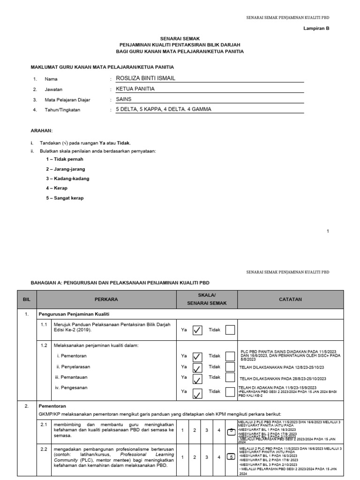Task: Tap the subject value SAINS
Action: coord(124,99)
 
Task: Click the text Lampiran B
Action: coord(317,28)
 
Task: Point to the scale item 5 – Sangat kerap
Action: coord(65,198)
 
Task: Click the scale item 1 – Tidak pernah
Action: coord(64,159)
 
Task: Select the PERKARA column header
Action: coord(106,299)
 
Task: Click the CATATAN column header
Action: coord(291,299)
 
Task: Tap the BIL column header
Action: coord(26,299)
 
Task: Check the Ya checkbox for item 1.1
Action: coord(197,330)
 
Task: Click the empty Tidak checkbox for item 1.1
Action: coord(230,330)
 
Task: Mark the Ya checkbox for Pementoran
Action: coord(197,356)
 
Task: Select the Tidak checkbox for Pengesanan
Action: coord(230,392)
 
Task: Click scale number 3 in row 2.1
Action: coord(206,430)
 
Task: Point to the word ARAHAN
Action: coord(42,130)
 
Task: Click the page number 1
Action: coord(328,231)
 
